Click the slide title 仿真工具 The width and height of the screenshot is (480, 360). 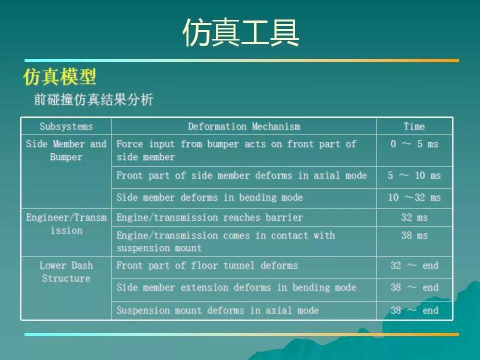(241, 33)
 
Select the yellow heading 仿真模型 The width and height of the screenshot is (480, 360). (59, 77)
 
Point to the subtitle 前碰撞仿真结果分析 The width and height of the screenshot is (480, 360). (93, 100)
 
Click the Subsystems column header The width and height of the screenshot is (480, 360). (66, 126)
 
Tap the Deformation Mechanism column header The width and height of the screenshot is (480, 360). (244, 126)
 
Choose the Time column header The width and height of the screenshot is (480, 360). (414, 126)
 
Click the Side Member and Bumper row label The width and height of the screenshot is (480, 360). (66, 150)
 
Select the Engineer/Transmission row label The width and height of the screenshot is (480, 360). (66, 224)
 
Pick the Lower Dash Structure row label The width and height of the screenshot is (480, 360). (66, 272)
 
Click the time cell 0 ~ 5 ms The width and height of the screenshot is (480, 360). (414, 144)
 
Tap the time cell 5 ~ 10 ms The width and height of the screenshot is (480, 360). (414, 175)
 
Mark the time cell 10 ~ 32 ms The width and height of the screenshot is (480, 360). (414, 197)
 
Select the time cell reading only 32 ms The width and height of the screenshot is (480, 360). (414, 217)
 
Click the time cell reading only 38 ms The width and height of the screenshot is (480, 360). (414, 235)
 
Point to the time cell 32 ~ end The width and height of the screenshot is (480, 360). (414, 265)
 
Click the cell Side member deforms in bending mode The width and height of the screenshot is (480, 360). (209, 197)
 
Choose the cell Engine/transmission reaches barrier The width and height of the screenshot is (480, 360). (209, 217)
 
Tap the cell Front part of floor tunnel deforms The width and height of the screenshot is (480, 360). (207, 265)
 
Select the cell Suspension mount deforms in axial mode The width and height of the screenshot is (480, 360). (217, 310)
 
